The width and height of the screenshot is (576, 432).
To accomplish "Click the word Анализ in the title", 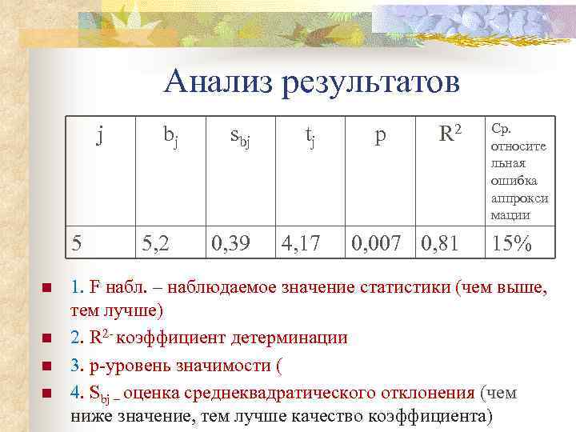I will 215,83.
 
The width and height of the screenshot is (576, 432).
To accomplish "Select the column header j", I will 99,135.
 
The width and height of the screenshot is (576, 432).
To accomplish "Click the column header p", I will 379,136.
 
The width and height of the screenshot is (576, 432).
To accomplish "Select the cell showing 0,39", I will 228,243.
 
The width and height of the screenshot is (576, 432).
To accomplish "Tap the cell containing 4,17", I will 301,243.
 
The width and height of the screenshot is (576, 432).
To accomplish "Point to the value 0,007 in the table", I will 378,243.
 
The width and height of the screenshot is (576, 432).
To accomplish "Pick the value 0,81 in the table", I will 439,243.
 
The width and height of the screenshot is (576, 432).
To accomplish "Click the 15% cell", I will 512,243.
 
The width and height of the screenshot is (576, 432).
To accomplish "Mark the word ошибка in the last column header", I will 514,180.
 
